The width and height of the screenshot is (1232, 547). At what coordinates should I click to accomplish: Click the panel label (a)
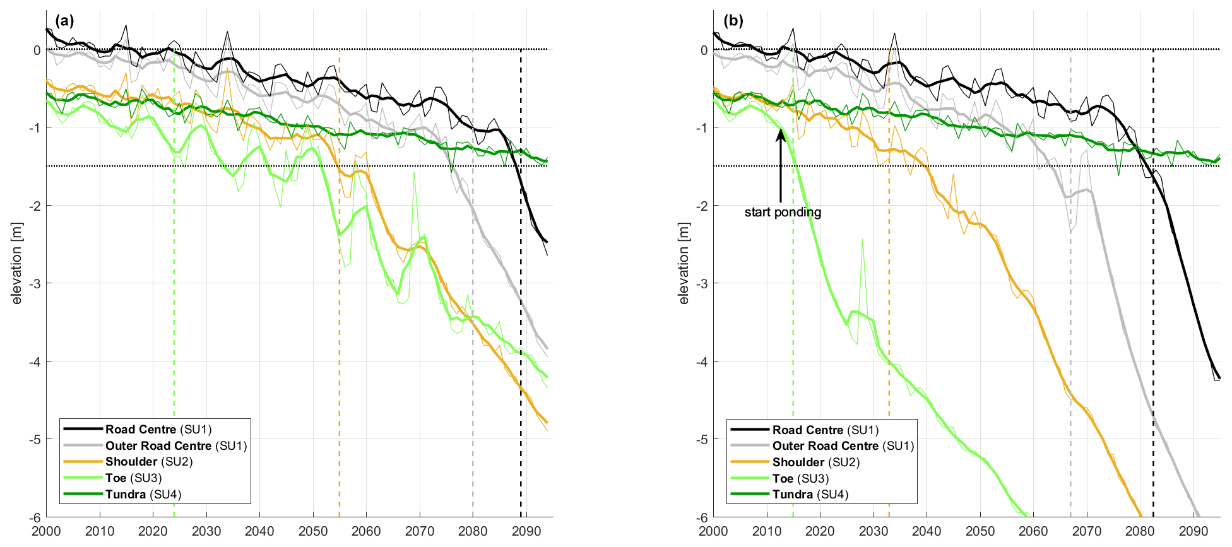(x=64, y=21)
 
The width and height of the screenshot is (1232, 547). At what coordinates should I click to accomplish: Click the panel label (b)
(x=733, y=21)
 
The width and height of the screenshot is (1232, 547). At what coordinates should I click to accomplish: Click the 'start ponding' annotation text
(x=783, y=213)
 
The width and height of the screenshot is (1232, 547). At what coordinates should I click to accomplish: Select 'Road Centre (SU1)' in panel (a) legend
(x=157, y=430)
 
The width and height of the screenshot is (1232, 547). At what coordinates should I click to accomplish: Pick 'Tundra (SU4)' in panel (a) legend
(x=143, y=495)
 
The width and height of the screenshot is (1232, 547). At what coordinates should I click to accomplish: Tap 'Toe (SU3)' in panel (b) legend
(x=800, y=479)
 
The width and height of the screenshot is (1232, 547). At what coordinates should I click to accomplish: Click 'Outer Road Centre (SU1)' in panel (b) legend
(x=843, y=446)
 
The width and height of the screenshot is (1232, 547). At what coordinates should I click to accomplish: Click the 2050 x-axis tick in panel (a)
(x=313, y=531)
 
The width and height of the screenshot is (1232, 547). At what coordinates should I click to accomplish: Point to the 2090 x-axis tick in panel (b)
(x=1193, y=531)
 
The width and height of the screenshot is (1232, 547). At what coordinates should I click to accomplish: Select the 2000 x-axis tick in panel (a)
(x=47, y=531)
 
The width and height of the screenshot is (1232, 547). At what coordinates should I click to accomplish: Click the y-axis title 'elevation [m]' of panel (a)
(x=17, y=263)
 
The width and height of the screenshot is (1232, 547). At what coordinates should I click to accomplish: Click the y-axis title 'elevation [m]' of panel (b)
(x=684, y=263)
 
